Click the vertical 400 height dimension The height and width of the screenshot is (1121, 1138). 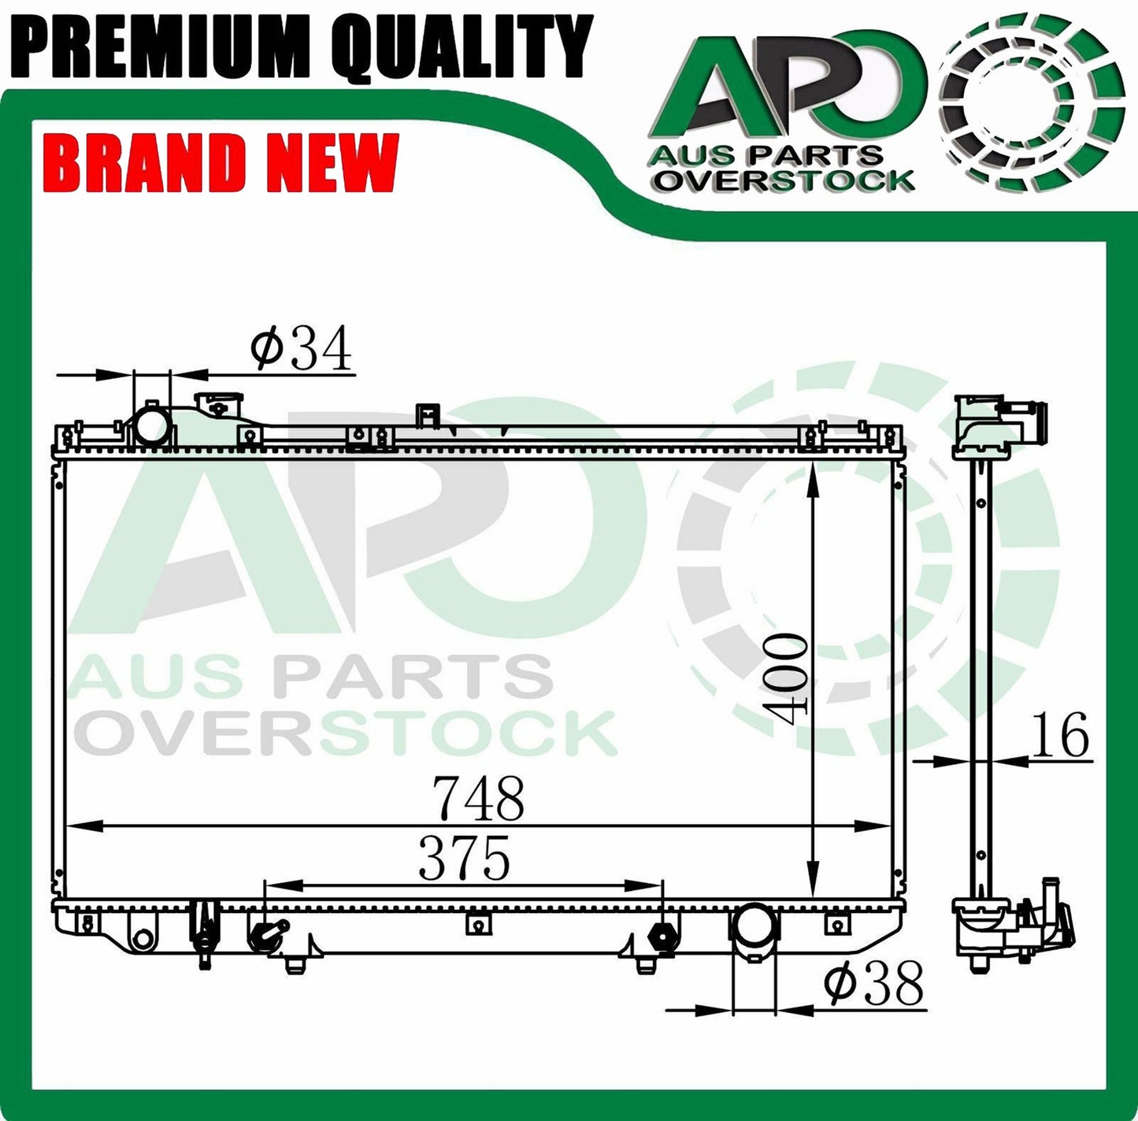788,678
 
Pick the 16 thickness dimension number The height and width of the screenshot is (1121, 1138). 1062,735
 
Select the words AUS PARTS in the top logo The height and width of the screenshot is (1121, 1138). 765,154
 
